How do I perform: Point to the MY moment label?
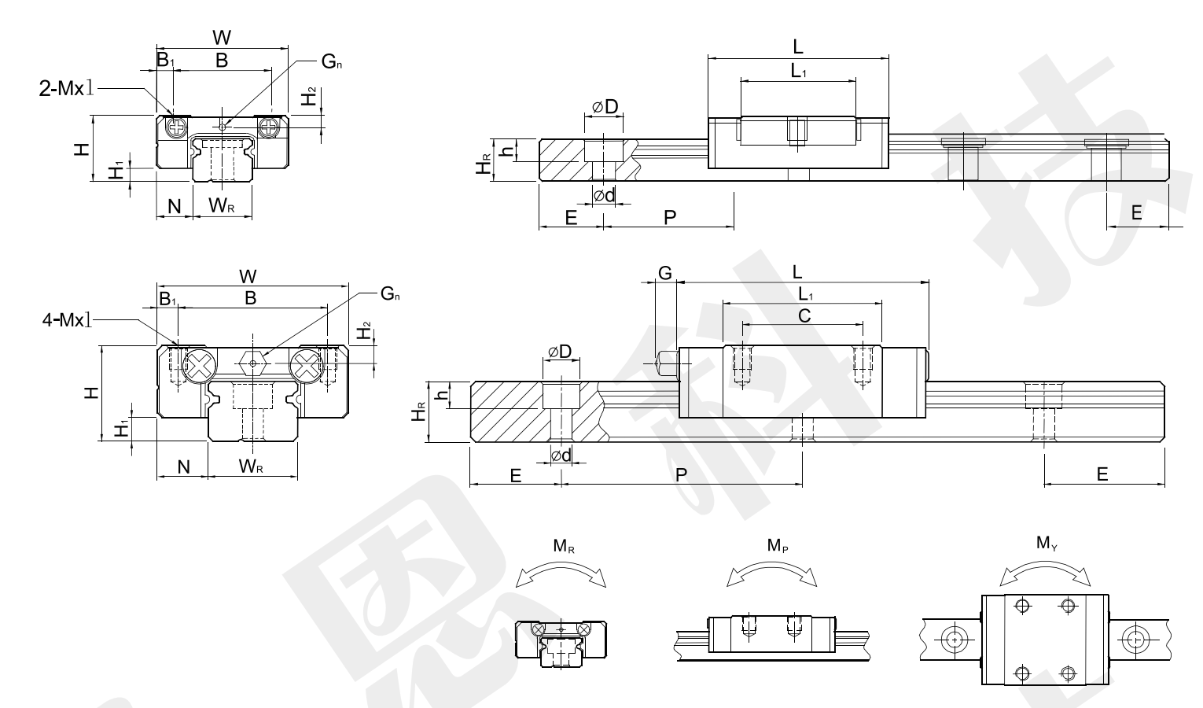(x=1046, y=543)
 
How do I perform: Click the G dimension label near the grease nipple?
(x=664, y=273)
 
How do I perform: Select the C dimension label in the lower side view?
(x=804, y=315)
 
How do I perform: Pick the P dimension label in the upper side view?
(x=670, y=216)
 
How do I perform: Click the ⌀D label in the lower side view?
(x=559, y=351)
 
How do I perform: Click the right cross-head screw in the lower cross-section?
(x=306, y=365)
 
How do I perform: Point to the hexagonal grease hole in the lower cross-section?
(x=252, y=363)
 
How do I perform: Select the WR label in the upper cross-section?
(x=221, y=206)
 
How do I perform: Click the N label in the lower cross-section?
(x=183, y=466)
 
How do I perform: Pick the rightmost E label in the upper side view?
(x=1136, y=212)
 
